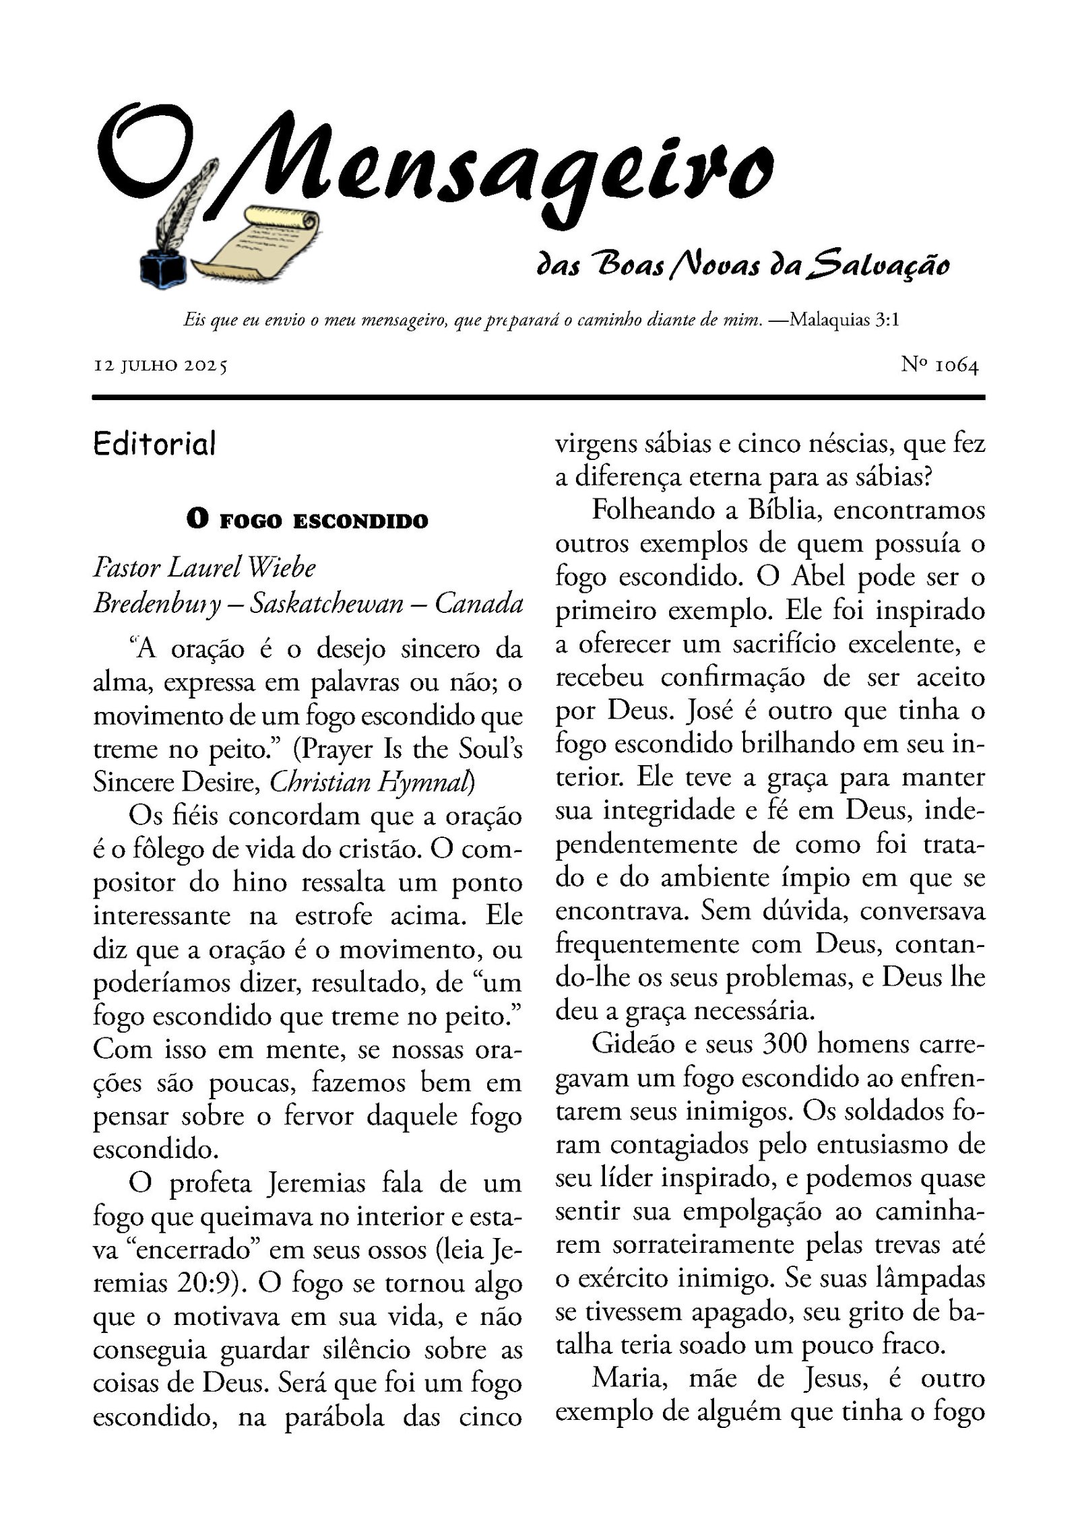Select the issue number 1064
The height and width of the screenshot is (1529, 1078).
coord(957,366)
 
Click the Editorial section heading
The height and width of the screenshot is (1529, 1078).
coord(155,444)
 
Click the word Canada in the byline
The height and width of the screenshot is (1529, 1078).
coord(478,602)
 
